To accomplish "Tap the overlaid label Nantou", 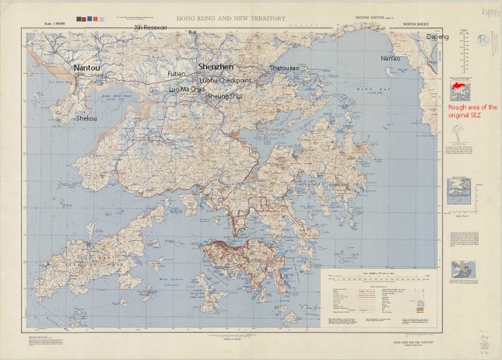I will tap(86, 68).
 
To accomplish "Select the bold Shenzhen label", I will tap(214, 68).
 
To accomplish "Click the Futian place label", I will tap(176, 74).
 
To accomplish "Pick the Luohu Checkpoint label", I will tap(226, 80).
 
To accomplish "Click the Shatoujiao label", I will tap(284, 68).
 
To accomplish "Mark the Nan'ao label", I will tap(391, 58).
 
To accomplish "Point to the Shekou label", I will tap(86, 119).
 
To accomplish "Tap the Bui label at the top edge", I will tap(192, 33).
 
